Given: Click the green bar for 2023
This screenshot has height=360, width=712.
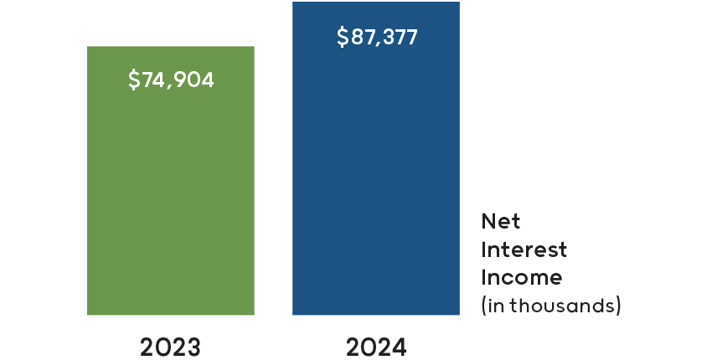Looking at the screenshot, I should pos(170,201).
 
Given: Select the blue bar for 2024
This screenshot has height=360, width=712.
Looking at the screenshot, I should pos(375,184).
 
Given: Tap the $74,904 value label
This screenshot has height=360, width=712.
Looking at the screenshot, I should pos(171,80).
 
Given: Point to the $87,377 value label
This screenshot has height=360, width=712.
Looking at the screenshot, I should pos(376,38).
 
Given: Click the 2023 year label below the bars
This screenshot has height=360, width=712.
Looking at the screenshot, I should pos(170,347).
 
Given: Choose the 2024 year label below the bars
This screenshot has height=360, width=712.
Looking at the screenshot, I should pos(375,347).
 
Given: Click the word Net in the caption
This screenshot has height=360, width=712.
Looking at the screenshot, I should pos(500,222).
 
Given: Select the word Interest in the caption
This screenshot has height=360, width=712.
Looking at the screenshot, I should pos(524,249).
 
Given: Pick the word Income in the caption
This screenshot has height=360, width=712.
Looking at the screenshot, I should pos(521,277).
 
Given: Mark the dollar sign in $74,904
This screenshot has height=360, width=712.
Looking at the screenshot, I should pos(134,80).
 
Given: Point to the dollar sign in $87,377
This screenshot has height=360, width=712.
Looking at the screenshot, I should pos(342,38).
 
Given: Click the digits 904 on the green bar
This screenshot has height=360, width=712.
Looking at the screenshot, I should pos(197,80).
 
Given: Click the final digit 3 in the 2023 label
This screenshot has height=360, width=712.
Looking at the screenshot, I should pos(193,347).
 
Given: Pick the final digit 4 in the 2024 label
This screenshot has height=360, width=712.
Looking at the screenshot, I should pos(399,347).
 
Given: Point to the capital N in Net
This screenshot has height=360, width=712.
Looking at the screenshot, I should pos(488,222).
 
